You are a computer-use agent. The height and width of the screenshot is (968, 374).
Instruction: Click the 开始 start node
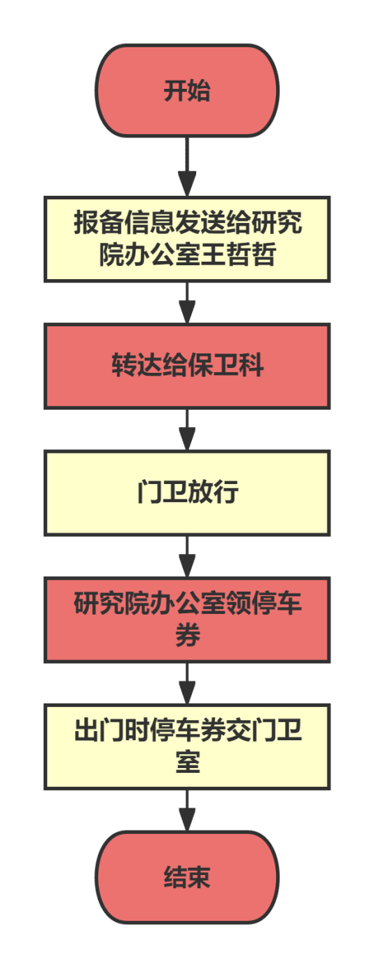click(x=187, y=91)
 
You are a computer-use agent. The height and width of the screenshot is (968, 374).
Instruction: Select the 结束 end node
click(x=187, y=877)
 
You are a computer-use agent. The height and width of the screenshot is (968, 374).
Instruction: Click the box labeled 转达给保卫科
click(x=187, y=366)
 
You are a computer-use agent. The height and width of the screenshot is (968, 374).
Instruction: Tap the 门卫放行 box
click(x=187, y=493)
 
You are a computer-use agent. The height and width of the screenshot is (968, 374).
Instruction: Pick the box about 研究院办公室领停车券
click(x=187, y=619)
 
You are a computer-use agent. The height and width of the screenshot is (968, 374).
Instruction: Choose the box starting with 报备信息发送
click(x=187, y=239)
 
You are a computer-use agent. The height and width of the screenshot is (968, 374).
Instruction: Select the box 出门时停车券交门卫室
click(x=187, y=746)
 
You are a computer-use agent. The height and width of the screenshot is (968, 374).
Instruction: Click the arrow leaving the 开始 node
click(x=187, y=167)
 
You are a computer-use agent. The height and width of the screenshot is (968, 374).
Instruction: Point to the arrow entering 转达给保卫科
click(x=187, y=303)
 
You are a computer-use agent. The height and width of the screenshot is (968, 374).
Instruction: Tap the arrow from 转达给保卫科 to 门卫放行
click(x=187, y=430)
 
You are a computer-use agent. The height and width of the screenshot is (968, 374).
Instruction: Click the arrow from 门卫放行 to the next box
click(x=187, y=557)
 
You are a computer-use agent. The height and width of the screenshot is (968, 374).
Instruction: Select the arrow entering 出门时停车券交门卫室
click(x=187, y=683)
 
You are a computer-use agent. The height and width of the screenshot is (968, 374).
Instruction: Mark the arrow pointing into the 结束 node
click(x=187, y=810)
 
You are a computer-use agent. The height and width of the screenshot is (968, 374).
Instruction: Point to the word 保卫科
click(x=225, y=365)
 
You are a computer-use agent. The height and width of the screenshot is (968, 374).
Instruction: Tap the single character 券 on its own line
click(x=188, y=635)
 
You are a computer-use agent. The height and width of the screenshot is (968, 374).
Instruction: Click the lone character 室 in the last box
click(x=188, y=762)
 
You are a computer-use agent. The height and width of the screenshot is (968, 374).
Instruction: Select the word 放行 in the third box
click(x=213, y=492)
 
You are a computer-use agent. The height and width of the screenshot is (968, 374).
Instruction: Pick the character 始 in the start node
click(x=199, y=90)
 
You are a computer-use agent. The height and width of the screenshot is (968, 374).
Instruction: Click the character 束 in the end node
click(x=199, y=877)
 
